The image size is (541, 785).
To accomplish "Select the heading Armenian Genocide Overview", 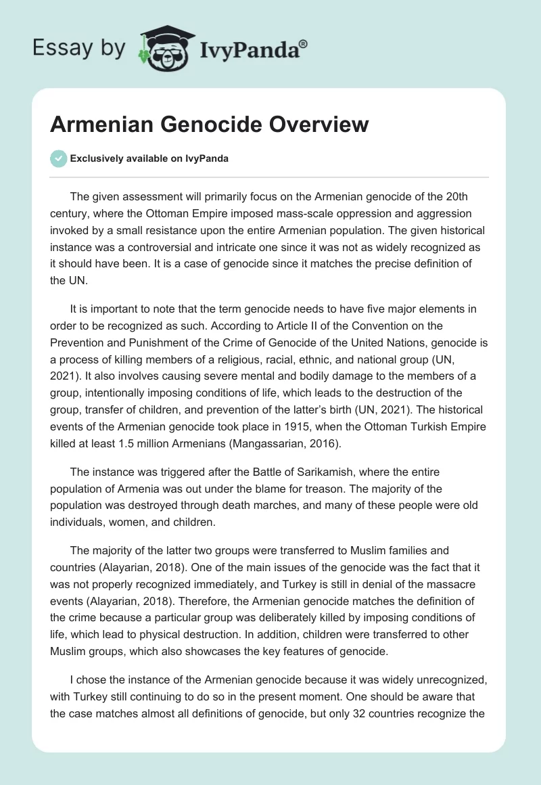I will click(x=210, y=125).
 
